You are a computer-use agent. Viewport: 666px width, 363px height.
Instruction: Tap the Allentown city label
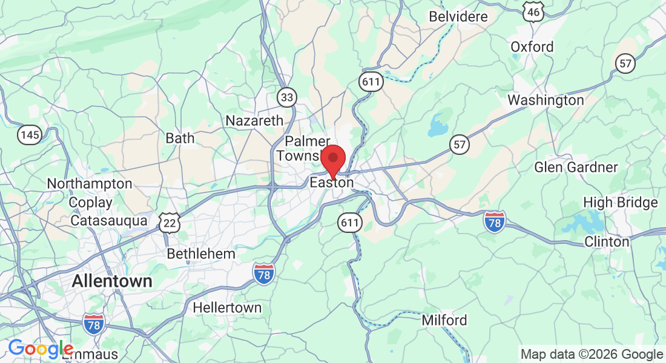(x=112, y=281)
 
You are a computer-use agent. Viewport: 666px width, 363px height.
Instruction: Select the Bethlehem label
(x=201, y=253)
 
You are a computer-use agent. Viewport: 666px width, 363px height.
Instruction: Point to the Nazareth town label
(x=254, y=120)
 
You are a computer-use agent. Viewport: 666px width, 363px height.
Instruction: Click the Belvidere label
(x=458, y=16)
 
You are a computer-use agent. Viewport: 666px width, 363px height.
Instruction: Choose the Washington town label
(x=546, y=100)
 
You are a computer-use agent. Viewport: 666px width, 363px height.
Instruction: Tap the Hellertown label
(x=227, y=307)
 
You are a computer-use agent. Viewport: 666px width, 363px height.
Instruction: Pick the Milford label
(x=444, y=320)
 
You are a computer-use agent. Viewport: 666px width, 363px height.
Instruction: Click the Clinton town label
(x=607, y=241)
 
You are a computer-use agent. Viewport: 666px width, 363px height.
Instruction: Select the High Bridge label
(x=620, y=202)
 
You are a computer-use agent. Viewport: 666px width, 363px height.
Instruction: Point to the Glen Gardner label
(x=576, y=167)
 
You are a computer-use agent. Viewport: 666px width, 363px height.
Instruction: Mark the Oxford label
(x=532, y=47)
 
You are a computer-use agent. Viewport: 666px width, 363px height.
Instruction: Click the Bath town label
(x=180, y=138)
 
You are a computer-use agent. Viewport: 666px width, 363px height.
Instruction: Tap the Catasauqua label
(x=109, y=221)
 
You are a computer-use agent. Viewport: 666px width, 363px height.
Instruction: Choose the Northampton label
(x=90, y=183)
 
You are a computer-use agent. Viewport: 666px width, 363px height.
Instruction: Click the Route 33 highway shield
(x=288, y=96)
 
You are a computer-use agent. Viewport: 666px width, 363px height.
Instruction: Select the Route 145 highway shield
(x=29, y=134)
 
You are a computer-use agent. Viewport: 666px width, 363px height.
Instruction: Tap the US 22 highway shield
(x=169, y=223)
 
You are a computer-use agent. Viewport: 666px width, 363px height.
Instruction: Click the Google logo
(x=40, y=349)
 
